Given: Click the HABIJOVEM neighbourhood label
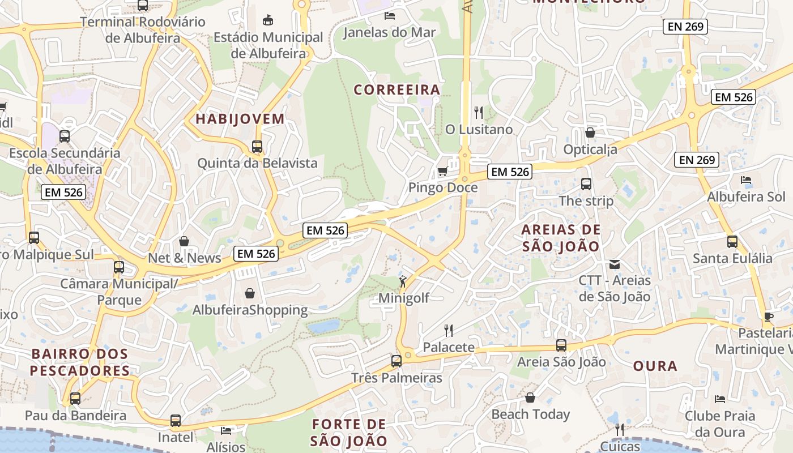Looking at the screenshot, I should pyautogui.click(x=240, y=119).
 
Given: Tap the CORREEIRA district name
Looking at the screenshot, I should pyautogui.click(x=397, y=89).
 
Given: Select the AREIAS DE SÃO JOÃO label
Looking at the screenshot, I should pyautogui.click(x=561, y=238).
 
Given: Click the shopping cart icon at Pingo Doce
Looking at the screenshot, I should pyautogui.click(x=442, y=171).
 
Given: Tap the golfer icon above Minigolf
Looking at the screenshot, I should pyautogui.click(x=403, y=281).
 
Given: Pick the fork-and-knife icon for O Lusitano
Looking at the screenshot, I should pyautogui.click(x=479, y=113).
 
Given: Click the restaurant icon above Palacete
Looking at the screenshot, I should pyautogui.click(x=449, y=330).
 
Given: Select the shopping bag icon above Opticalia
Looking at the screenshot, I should pyautogui.click(x=590, y=133).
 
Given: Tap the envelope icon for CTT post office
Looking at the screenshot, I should pyautogui.click(x=615, y=264).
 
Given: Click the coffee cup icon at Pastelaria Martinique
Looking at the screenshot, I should pyautogui.click(x=769, y=317).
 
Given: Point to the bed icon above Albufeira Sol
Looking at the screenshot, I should pyautogui.click(x=746, y=180).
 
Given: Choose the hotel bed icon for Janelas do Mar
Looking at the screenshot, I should pyautogui.click(x=390, y=15).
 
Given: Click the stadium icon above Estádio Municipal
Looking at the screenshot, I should pyautogui.click(x=268, y=20).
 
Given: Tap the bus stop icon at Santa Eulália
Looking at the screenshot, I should pyautogui.click(x=732, y=242).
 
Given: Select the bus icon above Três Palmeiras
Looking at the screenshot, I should pyautogui.click(x=396, y=361).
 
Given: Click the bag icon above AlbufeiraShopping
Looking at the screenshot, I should pyautogui.click(x=250, y=293).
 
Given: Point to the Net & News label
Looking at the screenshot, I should pyautogui.click(x=185, y=258).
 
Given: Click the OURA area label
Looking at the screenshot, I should pyautogui.click(x=655, y=366).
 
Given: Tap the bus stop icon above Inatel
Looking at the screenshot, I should pyautogui.click(x=176, y=421).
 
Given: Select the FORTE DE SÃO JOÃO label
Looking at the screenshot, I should pyautogui.click(x=349, y=433).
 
